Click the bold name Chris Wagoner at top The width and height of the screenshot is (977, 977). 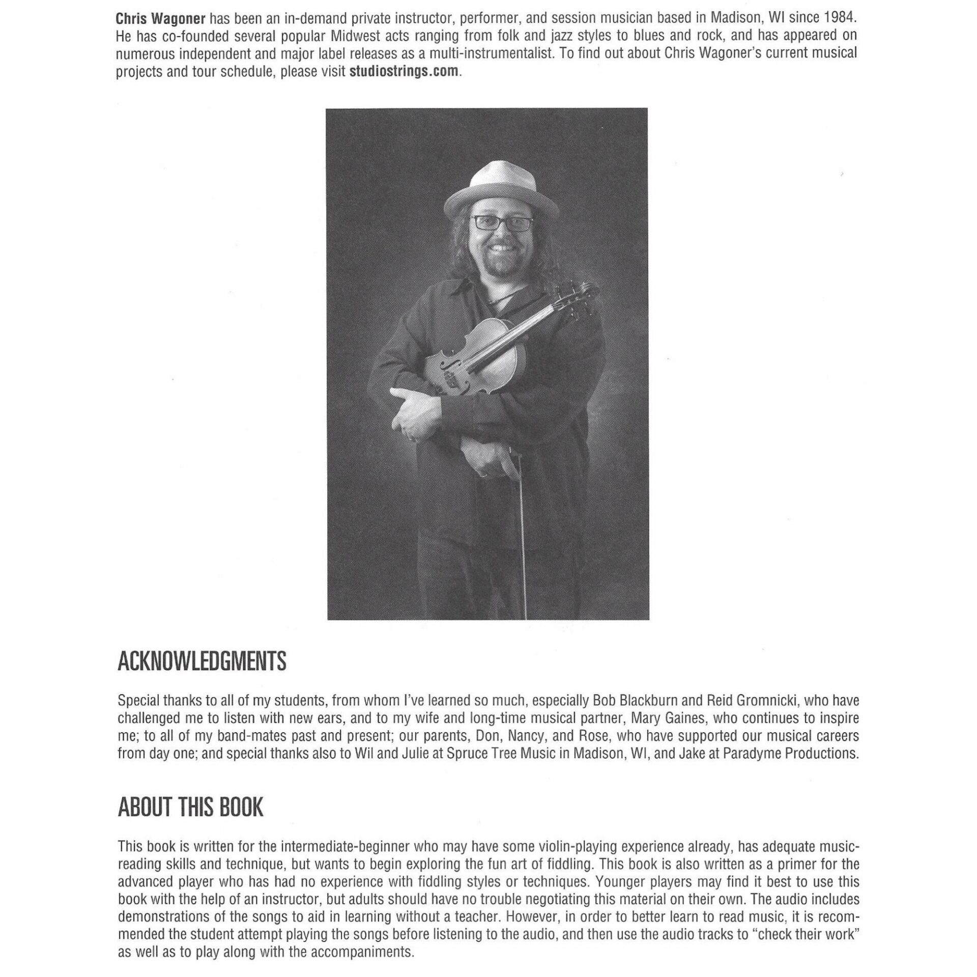(160, 19)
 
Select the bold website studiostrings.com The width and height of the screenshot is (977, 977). (404, 71)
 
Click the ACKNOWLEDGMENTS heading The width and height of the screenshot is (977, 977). (202, 662)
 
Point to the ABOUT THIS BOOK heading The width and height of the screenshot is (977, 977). (190, 808)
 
